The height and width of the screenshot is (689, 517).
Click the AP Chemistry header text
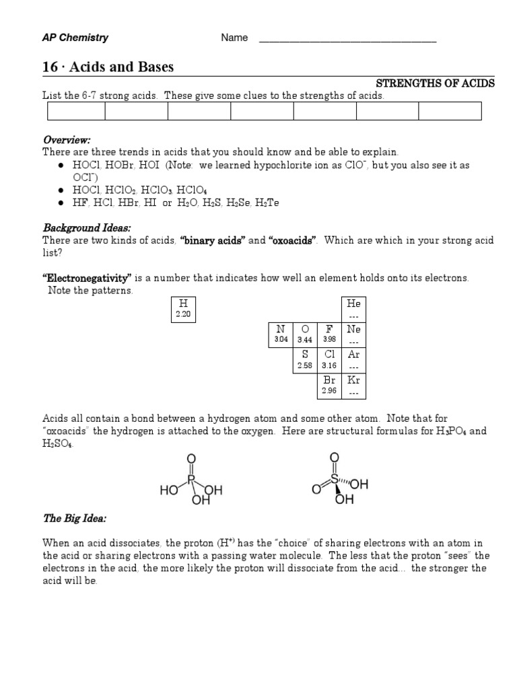[x=75, y=38]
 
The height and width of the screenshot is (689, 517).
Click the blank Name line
[x=347, y=39]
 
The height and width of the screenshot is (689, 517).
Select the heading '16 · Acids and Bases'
[x=108, y=67]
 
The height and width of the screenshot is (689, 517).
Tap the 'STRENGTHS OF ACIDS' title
[x=435, y=83]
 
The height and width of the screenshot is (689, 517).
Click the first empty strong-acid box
[x=73, y=111]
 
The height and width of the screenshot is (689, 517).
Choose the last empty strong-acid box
[x=450, y=111]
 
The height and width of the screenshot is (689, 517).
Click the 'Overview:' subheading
[x=67, y=140]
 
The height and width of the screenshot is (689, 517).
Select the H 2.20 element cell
[x=183, y=309]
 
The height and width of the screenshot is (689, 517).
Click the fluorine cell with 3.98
[x=329, y=334]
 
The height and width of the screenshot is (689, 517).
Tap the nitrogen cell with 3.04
[x=280, y=334]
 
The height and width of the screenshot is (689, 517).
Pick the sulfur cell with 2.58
[x=304, y=359]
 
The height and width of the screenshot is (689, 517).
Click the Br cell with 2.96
[x=329, y=385]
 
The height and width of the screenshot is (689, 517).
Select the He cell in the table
[x=353, y=309]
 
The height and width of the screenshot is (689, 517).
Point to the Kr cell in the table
[x=353, y=385]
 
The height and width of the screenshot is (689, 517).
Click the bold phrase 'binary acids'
[x=211, y=241]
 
